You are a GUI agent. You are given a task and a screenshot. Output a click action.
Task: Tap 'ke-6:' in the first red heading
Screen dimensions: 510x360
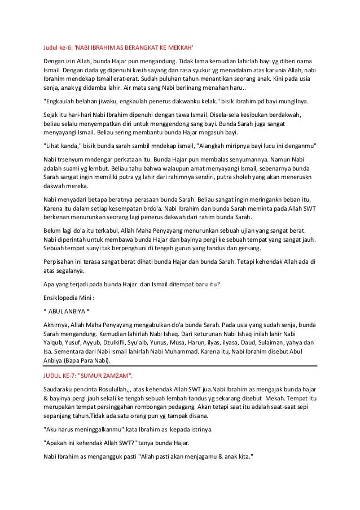click(x=65, y=47)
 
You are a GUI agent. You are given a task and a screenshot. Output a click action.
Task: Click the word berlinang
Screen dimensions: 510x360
click(x=178, y=88)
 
